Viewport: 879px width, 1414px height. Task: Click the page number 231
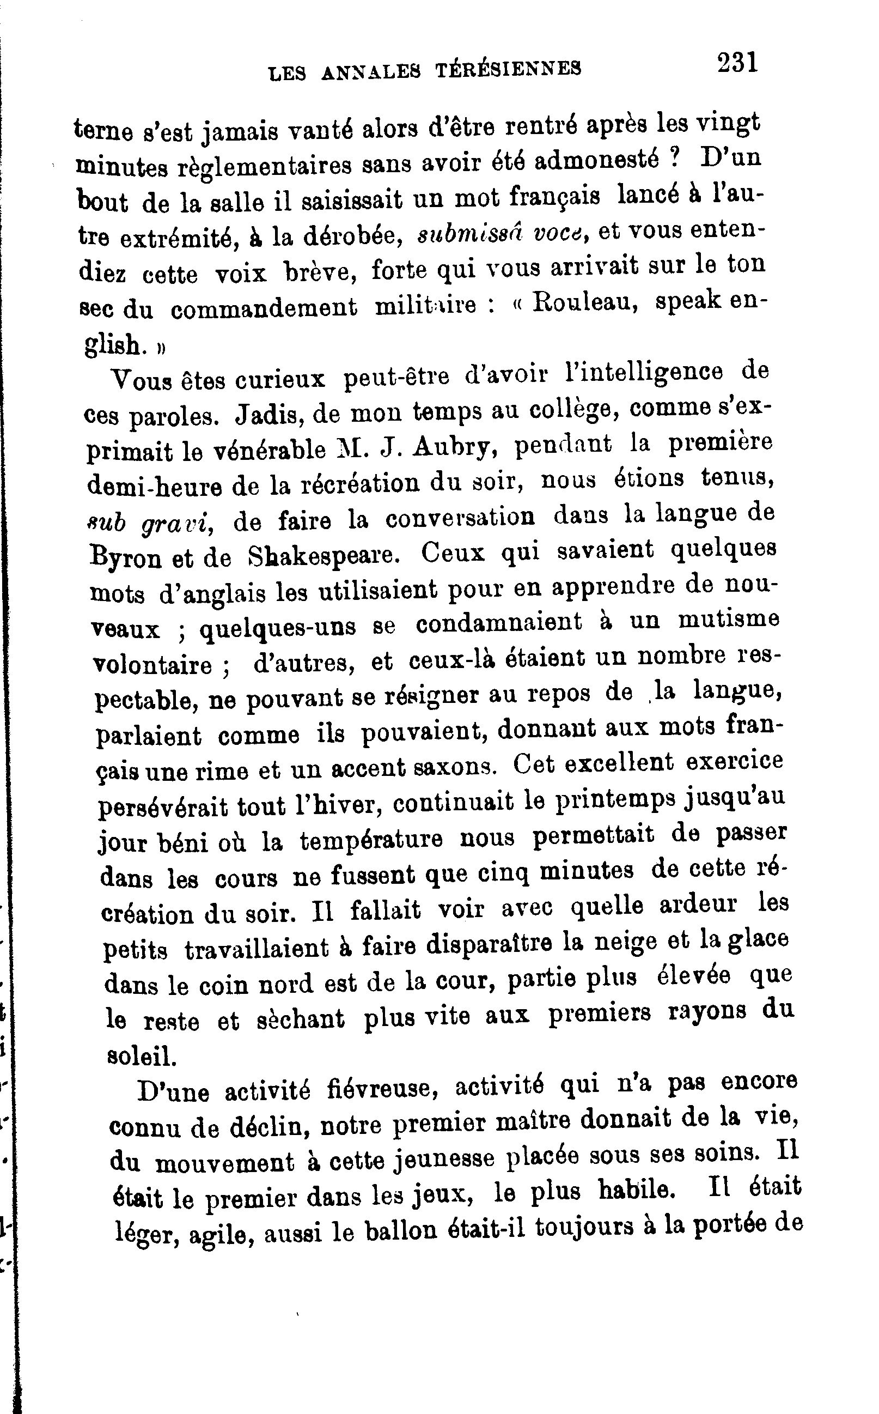(737, 62)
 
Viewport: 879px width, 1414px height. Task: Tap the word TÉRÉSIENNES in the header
(508, 69)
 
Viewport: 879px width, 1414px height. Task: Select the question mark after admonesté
(674, 159)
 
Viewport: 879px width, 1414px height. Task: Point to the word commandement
(264, 308)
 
